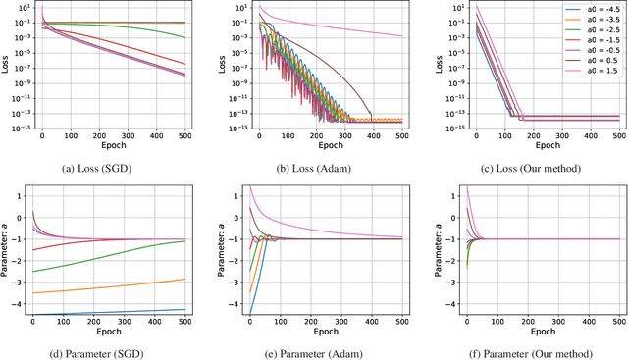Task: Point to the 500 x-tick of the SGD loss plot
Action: click(186, 134)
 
